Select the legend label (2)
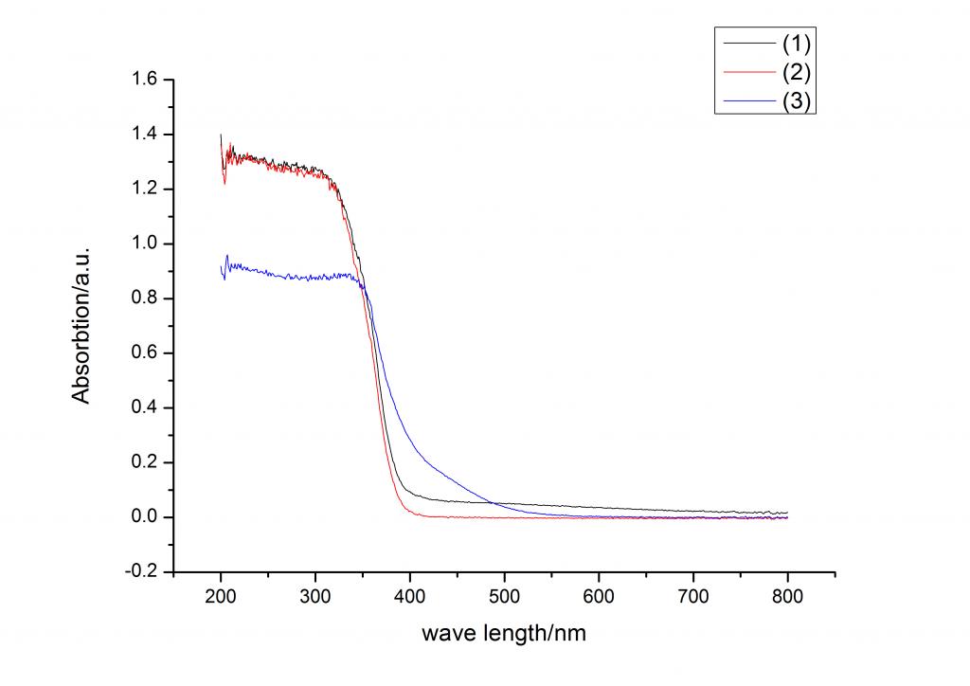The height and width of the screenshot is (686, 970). pyautogui.click(x=796, y=72)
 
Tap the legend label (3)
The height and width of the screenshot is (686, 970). pyautogui.click(x=796, y=102)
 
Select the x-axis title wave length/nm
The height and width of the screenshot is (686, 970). pyautogui.click(x=504, y=633)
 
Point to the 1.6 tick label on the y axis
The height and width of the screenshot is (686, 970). pyautogui.click(x=148, y=80)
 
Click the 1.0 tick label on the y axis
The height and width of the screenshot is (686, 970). pyautogui.click(x=148, y=244)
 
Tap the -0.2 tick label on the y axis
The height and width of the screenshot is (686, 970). pyautogui.click(x=146, y=571)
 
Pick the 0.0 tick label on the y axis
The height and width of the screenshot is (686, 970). pyautogui.click(x=148, y=517)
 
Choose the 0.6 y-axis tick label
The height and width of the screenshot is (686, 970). pyautogui.click(x=148, y=353)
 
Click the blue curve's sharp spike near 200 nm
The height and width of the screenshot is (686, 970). pyautogui.click(x=227, y=256)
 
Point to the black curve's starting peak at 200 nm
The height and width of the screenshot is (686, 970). pyautogui.click(x=221, y=135)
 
